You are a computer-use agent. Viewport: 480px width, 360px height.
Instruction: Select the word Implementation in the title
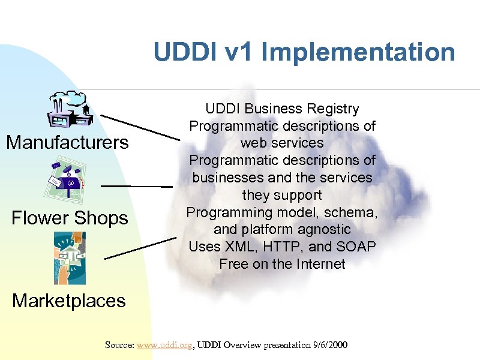pos(358,52)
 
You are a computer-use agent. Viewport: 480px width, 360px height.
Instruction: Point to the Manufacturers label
pos(67,142)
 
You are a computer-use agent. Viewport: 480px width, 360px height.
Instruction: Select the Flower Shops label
pos(70,218)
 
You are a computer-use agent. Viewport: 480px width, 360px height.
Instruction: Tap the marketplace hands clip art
pos(70,257)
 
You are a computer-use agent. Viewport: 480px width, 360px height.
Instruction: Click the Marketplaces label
pos(69,300)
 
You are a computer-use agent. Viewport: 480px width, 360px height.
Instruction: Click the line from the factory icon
pos(140,127)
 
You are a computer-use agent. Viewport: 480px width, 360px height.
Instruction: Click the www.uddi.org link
pos(164,345)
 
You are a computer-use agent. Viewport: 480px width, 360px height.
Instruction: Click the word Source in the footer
pos(119,345)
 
